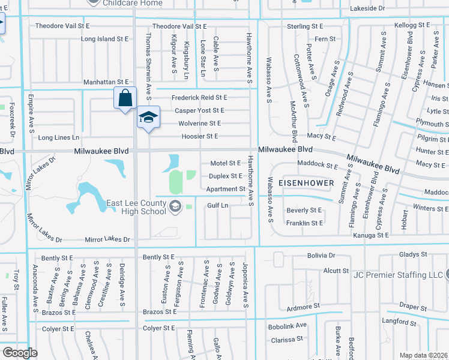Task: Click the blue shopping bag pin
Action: pos(124,99)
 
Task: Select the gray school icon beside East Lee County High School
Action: pos(175,207)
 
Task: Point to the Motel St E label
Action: pos(226,164)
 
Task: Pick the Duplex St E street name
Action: pos(225,176)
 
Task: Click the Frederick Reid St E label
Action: pos(199,97)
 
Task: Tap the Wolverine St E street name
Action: pos(199,124)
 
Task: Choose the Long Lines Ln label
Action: pos(59,138)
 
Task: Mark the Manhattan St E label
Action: pos(106,82)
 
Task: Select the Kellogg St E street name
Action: pos(412,26)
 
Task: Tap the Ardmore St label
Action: pos(303,307)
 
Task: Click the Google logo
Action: pos(20,353)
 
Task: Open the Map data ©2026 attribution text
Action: pos(423,355)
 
